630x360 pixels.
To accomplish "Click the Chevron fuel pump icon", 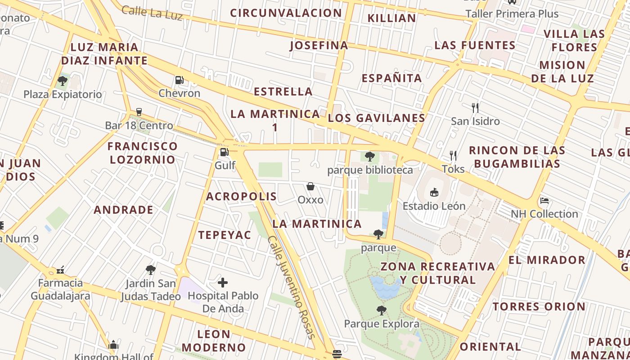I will click(179, 81).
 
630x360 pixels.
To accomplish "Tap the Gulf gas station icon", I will click(224, 152).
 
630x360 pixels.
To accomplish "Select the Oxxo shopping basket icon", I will click(310, 186).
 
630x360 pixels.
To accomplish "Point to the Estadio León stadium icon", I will click(434, 193).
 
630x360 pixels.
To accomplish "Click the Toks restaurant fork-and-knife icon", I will click(453, 156).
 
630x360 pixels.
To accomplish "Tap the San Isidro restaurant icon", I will click(475, 108).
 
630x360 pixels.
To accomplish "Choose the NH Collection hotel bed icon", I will click(544, 200).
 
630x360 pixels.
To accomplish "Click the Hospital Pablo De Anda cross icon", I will click(223, 283).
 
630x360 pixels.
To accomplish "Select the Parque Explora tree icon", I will click(381, 310).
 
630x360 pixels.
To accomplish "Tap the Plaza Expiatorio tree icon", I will click(63, 81).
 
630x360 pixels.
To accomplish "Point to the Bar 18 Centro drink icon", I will click(139, 112).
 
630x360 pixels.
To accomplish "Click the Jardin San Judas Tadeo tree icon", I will click(150, 270).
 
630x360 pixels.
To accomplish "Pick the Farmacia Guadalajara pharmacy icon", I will click(60, 270).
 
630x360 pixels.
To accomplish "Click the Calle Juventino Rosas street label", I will click(291, 287).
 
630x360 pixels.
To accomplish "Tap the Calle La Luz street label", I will click(152, 13).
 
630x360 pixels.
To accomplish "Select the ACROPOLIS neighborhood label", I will click(241, 196).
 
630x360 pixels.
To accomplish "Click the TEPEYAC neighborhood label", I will click(225, 235).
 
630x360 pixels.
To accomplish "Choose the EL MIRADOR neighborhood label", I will click(547, 260).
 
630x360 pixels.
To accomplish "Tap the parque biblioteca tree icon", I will click(370, 157).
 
